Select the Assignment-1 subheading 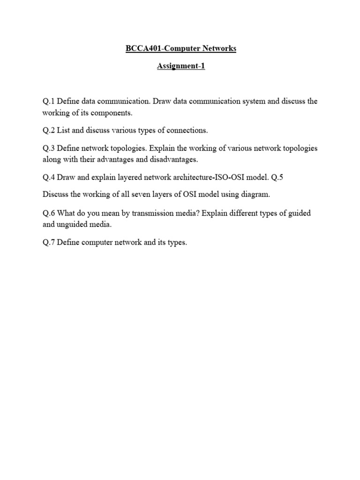point(180,66)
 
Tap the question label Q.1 point(49,101)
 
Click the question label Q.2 point(49,130)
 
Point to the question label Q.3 point(49,148)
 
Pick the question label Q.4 point(49,177)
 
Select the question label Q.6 point(49,213)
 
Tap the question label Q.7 point(49,242)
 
